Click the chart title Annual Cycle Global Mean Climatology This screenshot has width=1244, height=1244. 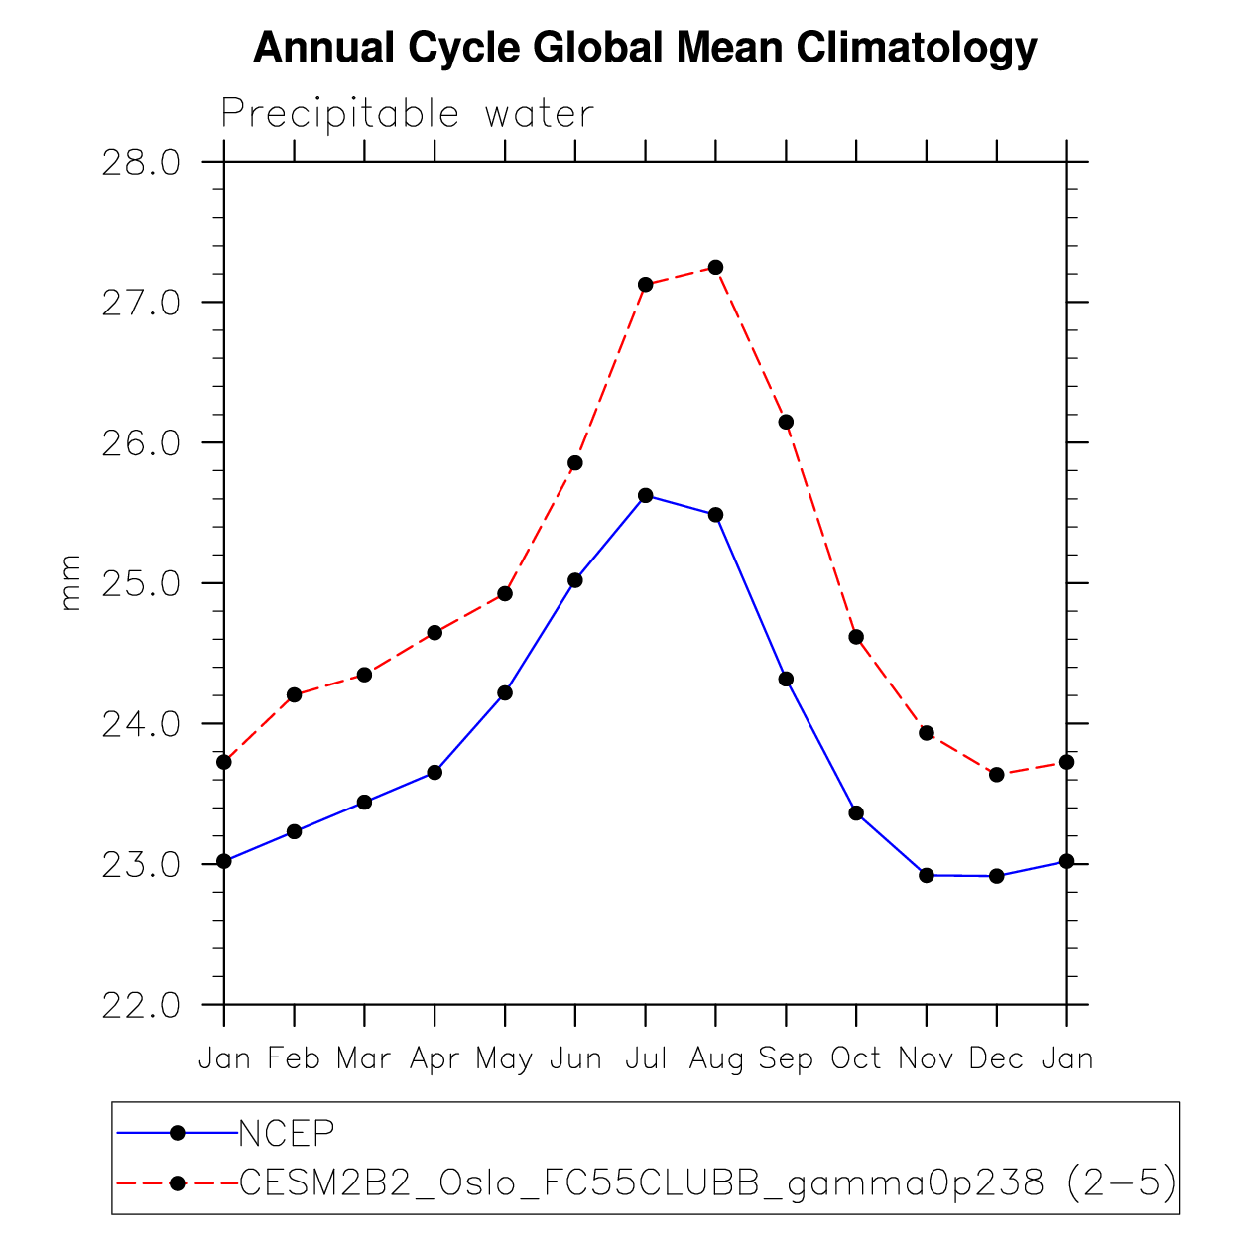(645, 48)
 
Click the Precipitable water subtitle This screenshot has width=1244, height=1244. (407, 114)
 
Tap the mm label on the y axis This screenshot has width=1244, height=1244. (70, 582)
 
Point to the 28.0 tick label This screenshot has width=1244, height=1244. (141, 162)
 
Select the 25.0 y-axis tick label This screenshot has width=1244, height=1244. (141, 583)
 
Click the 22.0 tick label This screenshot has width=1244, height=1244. (141, 1005)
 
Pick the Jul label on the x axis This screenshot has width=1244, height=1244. (646, 1059)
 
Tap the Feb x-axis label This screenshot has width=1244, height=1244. (294, 1059)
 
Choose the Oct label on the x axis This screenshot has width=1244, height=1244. (856, 1059)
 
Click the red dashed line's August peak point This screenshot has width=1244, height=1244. (715, 268)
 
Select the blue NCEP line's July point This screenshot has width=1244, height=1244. (646, 495)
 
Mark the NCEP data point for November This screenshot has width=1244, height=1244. (927, 875)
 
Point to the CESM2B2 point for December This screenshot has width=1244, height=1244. (997, 775)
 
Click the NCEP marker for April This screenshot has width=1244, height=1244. (435, 772)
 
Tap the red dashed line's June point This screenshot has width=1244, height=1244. (575, 463)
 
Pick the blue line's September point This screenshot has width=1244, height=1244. (786, 679)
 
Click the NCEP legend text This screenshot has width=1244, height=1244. (287, 1132)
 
